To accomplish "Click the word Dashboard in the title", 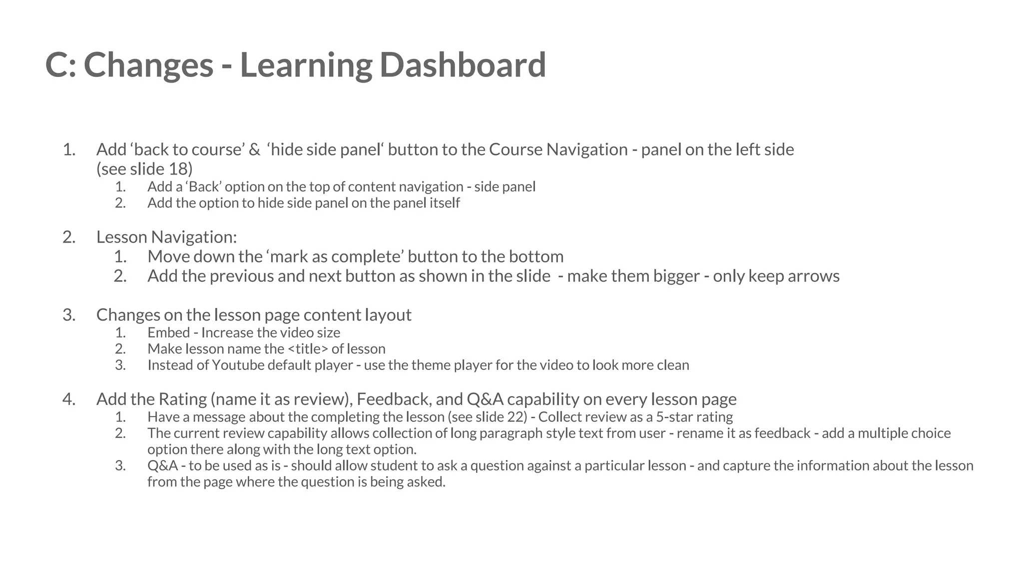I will point(463,65).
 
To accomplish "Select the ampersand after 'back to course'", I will point(254,149).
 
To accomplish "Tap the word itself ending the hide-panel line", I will point(445,203).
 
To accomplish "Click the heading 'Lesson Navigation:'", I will point(166,237).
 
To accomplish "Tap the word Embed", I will point(168,332).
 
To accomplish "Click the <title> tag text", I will point(308,349).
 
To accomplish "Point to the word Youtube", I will point(238,365).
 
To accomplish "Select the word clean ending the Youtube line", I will point(673,365).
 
